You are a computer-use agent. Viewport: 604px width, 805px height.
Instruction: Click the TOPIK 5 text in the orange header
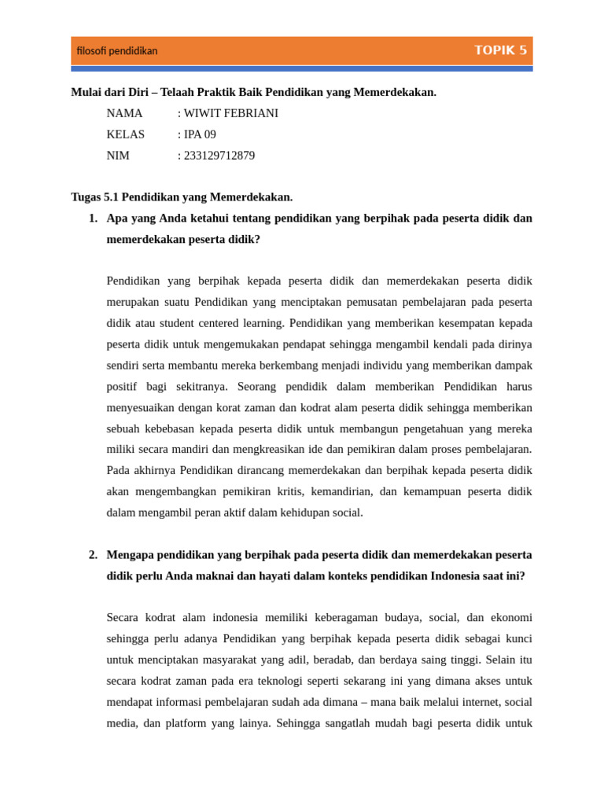(500, 50)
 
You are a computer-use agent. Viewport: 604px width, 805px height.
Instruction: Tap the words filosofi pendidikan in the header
(117, 51)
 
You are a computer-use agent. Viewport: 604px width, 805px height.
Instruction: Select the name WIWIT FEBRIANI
(230, 113)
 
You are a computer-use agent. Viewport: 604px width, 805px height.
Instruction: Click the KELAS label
(126, 134)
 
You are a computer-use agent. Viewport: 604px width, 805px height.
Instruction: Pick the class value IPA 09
(200, 134)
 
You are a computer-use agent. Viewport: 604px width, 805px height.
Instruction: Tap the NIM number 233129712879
(219, 156)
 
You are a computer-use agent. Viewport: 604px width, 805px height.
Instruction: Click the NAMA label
(124, 113)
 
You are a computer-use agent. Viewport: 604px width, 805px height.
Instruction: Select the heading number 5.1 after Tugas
(111, 197)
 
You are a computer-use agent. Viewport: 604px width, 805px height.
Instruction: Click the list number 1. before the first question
(93, 219)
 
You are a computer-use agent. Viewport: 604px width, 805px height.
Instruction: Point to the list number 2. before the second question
(93, 555)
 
